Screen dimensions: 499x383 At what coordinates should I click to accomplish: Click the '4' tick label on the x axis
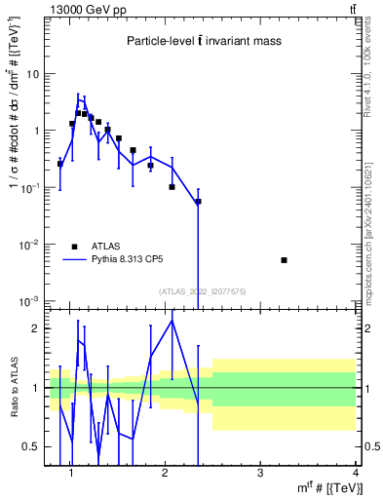click(x=355, y=474)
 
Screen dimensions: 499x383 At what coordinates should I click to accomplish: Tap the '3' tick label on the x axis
click(x=260, y=474)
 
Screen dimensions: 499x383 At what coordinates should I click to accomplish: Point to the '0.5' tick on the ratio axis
click(x=31, y=446)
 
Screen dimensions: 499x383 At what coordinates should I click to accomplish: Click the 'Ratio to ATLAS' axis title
click(x=12, y=387)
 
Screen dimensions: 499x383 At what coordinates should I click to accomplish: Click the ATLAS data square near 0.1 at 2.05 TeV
click(x=172, y=186)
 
